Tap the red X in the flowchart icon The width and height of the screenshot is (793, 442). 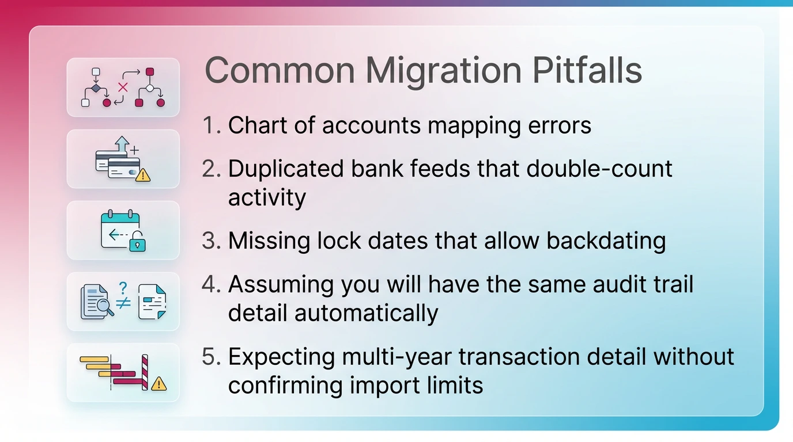coord(122,87)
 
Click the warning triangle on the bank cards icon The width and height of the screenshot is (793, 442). coord(143,174)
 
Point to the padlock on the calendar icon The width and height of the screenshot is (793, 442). coord(137,243)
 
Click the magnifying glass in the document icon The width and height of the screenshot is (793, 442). coord(105,308)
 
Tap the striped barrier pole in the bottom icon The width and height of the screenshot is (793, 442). coord(145,373)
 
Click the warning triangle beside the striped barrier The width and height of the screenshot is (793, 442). coord(158,383)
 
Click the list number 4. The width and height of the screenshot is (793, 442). coord(211,284)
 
